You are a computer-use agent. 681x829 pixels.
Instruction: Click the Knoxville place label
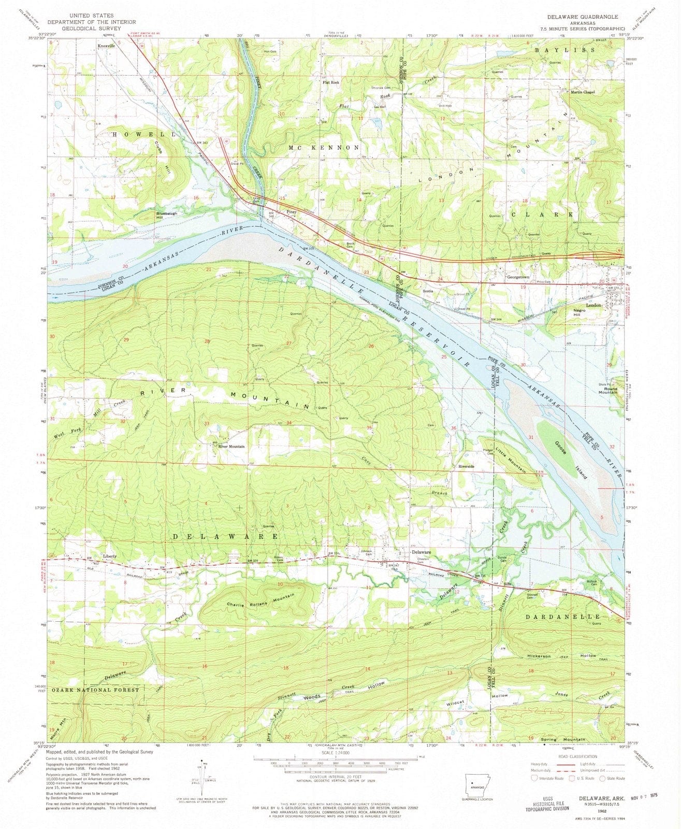coord(105,46)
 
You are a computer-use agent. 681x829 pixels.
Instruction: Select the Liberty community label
coord(110,556)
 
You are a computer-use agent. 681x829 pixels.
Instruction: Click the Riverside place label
coord(466,466)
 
